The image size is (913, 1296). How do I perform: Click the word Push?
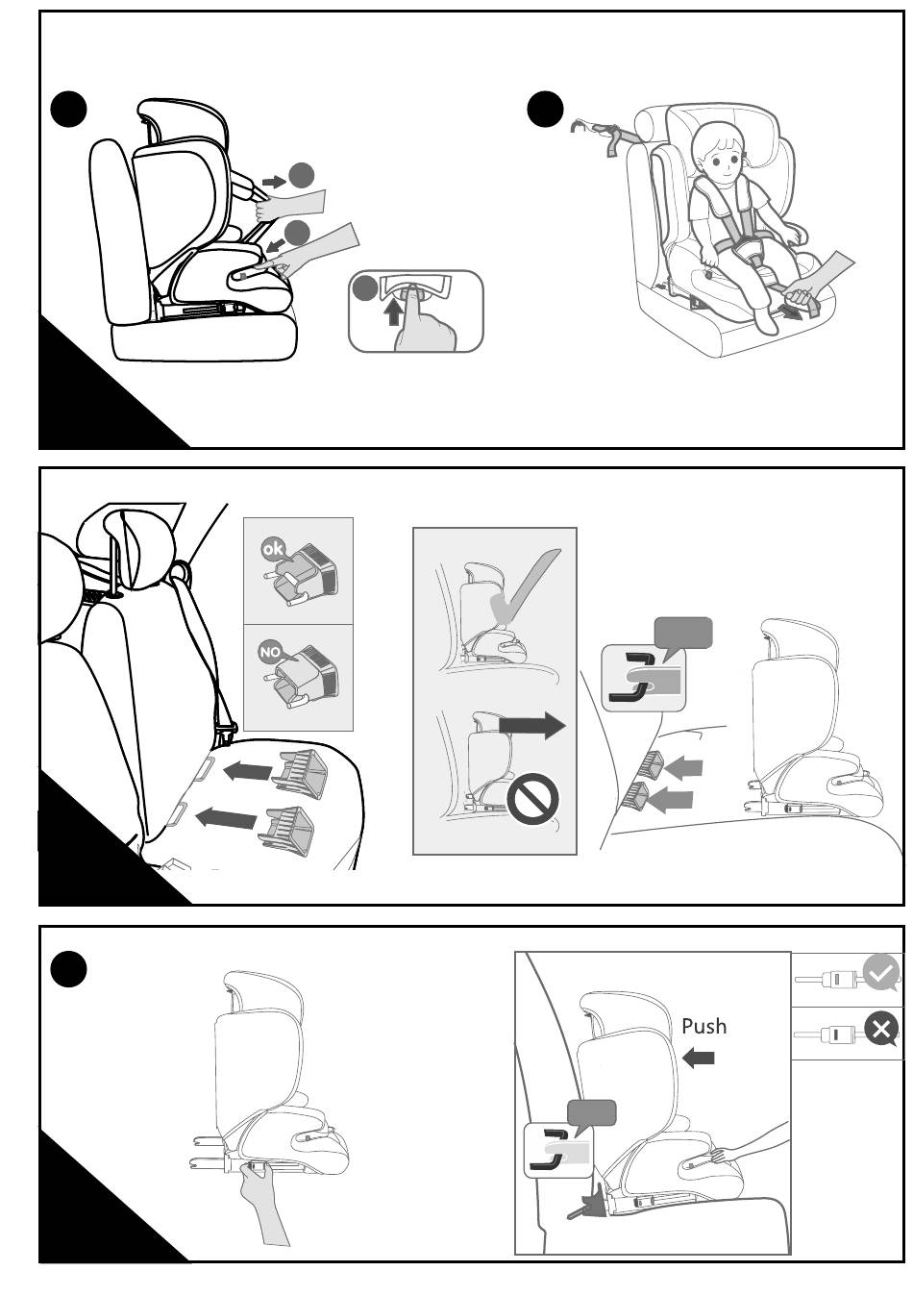[x=703, y=1027]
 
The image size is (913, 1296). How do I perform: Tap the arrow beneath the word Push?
[x=699, y=1059]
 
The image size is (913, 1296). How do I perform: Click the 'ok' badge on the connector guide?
[x=272, y=548]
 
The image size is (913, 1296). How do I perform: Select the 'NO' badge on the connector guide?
[x=269, y=652]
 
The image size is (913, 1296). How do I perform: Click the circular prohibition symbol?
[x=532, y=799]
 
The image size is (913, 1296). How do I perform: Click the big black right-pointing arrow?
[x=532, y=725]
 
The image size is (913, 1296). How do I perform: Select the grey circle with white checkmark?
[x=880, y=973]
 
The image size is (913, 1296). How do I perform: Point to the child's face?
[x=720, y=156]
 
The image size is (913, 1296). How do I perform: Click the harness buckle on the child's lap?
[x=751, y=253]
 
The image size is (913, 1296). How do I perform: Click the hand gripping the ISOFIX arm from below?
[x=259, y=1184]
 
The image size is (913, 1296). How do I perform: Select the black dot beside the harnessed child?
[x=545, y=109]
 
